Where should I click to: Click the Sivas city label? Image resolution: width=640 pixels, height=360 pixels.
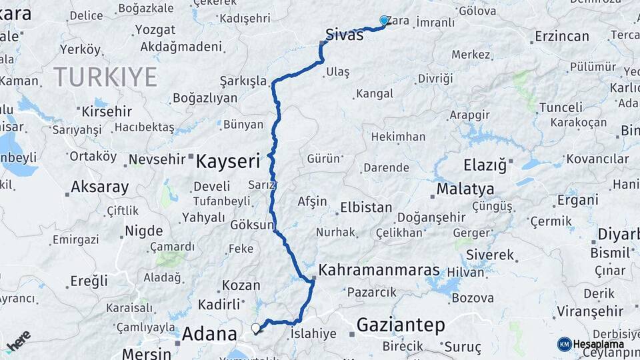tap(345, 35)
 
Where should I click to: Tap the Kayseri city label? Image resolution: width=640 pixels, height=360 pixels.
tap(227, 160)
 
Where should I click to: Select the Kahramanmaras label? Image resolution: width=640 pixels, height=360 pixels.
tap(379, 271)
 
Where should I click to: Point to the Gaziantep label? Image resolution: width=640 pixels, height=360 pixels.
tap(400, 325)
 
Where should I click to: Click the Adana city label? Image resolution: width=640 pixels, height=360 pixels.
tap(209, 333)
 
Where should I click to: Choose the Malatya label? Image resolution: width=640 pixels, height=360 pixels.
tap(465, 189)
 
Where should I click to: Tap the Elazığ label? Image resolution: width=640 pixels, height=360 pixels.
tap(490, 164)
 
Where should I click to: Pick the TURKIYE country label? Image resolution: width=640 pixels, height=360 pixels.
tap(105, 77)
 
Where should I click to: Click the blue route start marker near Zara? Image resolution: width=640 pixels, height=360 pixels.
tap(384, 21)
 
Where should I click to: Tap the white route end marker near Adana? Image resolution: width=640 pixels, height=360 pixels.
tap(255, 328)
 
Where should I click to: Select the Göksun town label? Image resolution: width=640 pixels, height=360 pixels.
tap(251, 225)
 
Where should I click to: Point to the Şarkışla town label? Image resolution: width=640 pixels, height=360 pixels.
tap(243, 82)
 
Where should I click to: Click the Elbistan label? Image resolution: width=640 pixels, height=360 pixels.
tap(366, 207)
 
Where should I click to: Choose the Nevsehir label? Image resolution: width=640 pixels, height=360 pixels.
tap(156, 160)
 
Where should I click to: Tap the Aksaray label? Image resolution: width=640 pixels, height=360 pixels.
tap(100, 187)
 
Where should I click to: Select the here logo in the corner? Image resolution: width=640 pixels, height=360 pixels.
tap(18, 341)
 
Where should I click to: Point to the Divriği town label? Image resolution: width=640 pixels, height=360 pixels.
tap(435, 79)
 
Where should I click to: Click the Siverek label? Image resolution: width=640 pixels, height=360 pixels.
tap(490, 255)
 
